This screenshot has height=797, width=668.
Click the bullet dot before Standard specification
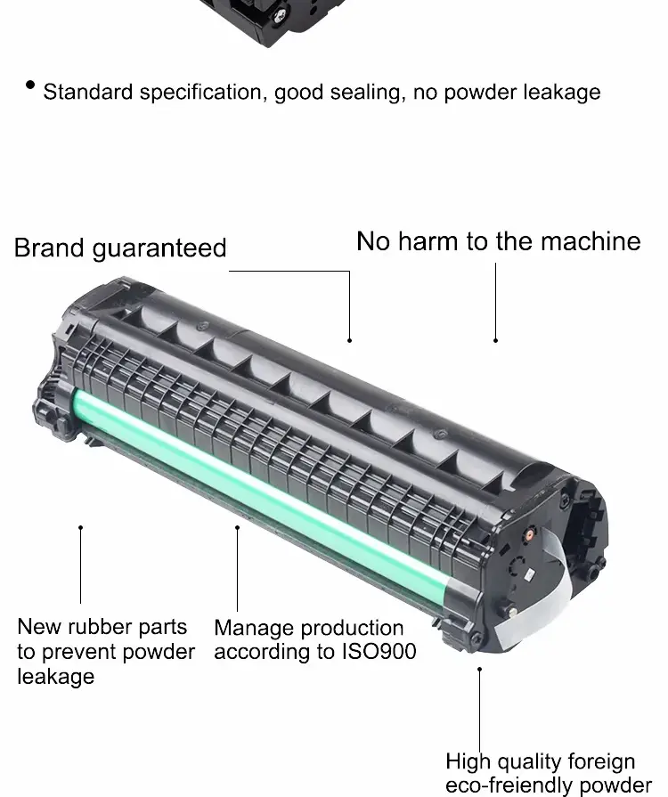click(x=30, y=85)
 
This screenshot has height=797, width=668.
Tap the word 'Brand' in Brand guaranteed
click(x=48, y=248)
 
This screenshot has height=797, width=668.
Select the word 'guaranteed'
click(x=159, y=249)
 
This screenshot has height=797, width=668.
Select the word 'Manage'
click(x=253, y=628)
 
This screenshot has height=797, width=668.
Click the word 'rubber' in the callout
click(x=102, y=627)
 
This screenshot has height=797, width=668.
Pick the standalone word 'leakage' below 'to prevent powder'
click(x=56, y=677)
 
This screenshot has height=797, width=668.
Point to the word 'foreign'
click(x=601, y=762)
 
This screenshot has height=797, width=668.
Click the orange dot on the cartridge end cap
click(x=529, y=534)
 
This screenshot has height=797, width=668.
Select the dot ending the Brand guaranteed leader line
click(x=349, y=340)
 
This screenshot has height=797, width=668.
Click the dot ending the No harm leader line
click(x=496, y=340)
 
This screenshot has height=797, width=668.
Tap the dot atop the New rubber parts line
click(x=80, y=527)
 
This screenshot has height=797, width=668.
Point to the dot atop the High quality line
click(x=479, y=670)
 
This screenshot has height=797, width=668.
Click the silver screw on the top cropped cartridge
click(x=280, y=17)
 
